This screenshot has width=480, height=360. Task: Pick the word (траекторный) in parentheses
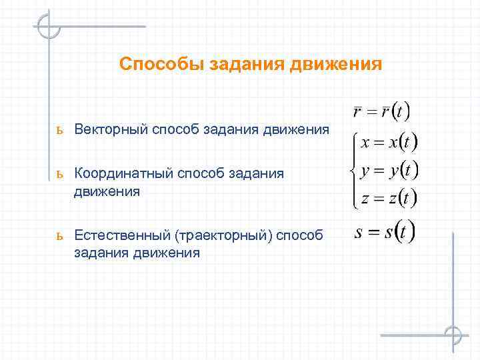[x=222, y=235]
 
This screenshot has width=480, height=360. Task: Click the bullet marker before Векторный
[x=60, y=130]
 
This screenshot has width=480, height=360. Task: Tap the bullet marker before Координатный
[x=60, y=175]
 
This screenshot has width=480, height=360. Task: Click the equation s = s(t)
[x=385, y=233]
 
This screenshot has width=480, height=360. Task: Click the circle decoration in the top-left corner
[x=49, y=27]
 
